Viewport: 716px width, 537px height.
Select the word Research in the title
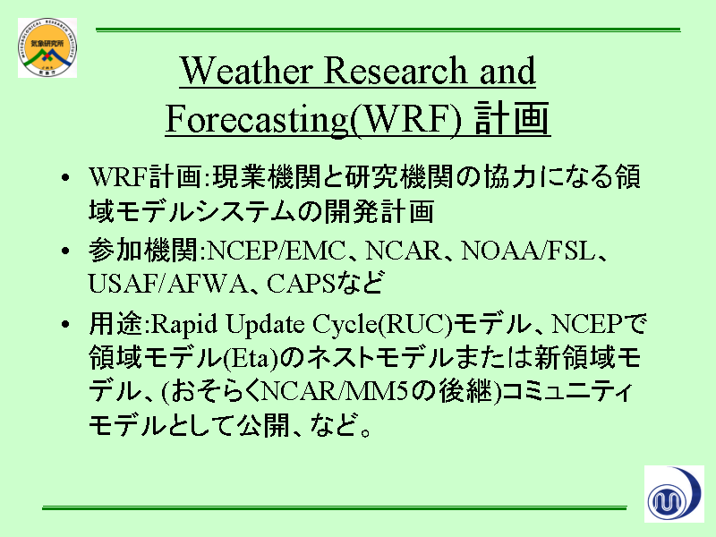coord(396,71)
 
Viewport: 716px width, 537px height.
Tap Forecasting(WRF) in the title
coord(314,120)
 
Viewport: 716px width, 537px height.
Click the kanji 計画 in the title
coord(512,118)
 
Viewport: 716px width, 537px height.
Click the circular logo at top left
coord(47,47)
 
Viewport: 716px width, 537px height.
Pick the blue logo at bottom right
coord(674,494)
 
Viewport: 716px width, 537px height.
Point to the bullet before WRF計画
coord(65,177)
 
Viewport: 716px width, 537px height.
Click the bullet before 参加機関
coord(65,251)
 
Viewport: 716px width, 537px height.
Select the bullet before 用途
coord(65,324)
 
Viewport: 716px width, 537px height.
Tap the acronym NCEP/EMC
coord(277,251)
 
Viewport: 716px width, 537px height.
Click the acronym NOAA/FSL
coord(528,251)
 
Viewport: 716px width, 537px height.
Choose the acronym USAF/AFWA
coord(168,284)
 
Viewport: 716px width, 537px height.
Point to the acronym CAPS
coord(301,284)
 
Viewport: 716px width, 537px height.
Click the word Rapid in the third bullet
coord(184,325)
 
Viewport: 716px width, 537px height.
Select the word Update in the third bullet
coord(265,325)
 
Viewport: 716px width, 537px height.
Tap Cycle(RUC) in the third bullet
coord(383,325)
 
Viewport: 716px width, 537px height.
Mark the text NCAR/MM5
coord(334,391)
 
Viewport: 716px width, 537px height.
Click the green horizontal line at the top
coord(388,30)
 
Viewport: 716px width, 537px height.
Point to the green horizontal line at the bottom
coord(334,507)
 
